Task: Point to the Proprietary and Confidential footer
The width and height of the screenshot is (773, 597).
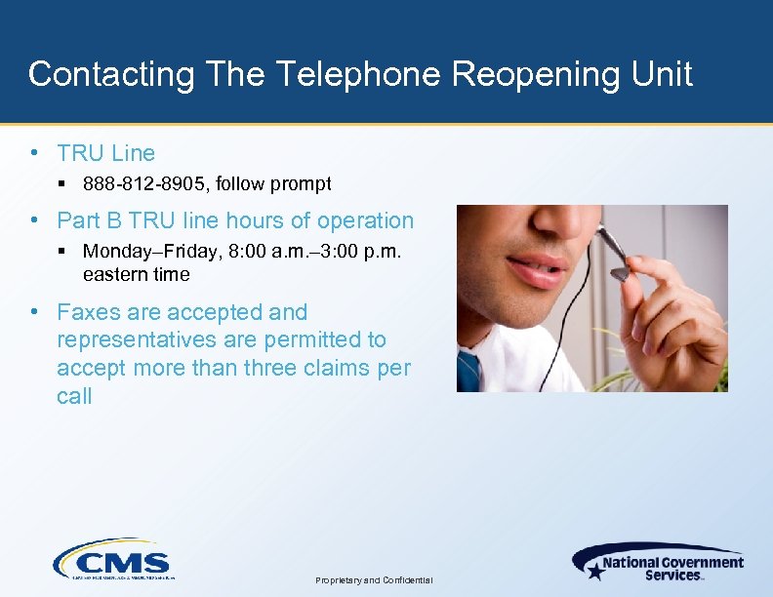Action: [375, 580]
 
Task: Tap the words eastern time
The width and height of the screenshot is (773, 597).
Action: [137, 274]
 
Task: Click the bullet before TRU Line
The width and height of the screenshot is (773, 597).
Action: [35, 152]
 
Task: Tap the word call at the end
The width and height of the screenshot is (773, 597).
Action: [74, 396]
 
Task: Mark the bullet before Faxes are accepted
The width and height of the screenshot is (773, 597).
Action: [35, 312]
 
